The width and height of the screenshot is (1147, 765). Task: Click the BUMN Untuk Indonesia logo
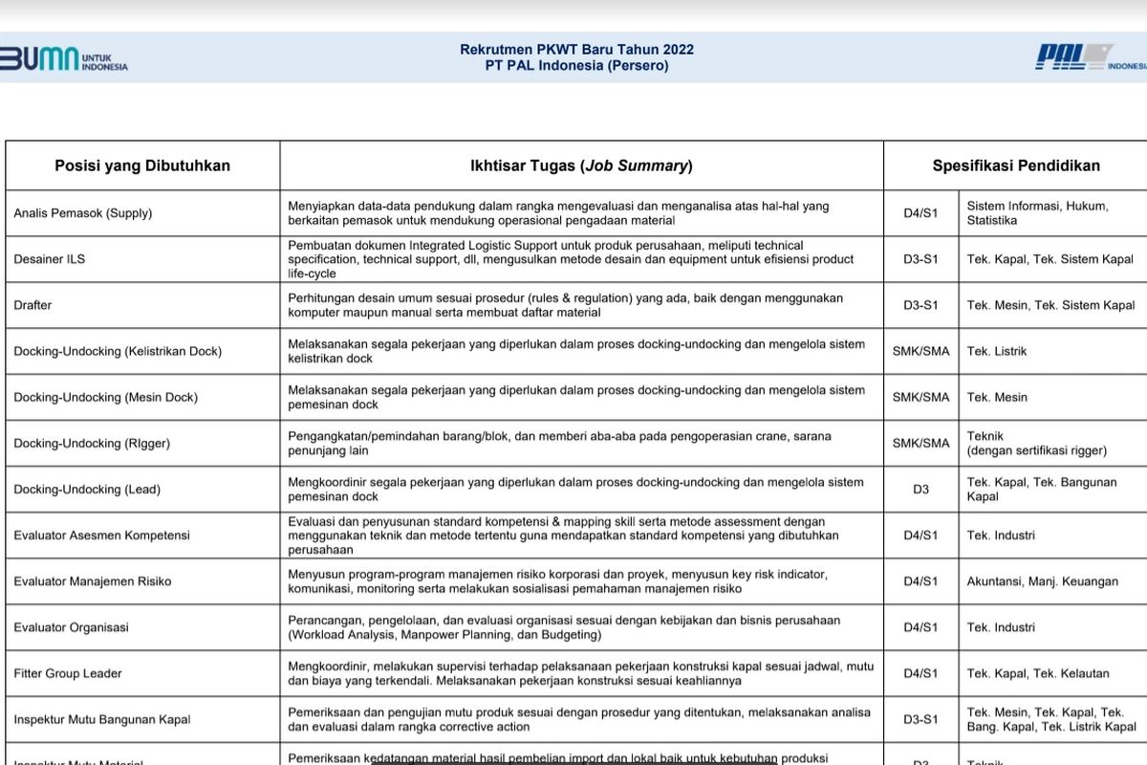(x=63, y=58)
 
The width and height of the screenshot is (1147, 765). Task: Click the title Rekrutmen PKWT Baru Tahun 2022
(x=576, y=50)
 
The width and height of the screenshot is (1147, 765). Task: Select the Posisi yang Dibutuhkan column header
(x=142, y=165)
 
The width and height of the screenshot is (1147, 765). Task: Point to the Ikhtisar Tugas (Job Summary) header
(x=581, y=165)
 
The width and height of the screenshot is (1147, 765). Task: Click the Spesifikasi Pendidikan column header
(x=1015, y=165)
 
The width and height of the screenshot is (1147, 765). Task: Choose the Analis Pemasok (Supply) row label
(x=83, y=213)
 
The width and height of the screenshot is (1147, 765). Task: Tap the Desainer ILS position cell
(x=49, y=259)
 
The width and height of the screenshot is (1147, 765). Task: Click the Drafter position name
(x=33, y=305)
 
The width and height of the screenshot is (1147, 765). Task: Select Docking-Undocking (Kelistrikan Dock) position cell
(x=118, y=351)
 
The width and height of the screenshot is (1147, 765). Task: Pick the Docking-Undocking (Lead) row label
(x=87, y=489)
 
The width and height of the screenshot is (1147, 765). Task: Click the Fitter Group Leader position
(x=68, y=673)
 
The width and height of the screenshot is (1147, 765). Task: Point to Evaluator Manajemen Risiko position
(x=93, y=581)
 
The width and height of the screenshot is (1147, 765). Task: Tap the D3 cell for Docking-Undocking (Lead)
(x=920, y=489)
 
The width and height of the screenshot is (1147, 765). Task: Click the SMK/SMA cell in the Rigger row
(x=920, y=443)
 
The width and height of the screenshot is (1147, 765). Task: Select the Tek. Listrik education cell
(x=996, y=351)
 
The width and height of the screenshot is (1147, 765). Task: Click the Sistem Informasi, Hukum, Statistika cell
(x=1037, y=213)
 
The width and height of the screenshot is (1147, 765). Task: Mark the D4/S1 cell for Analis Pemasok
(x=920, y=213)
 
